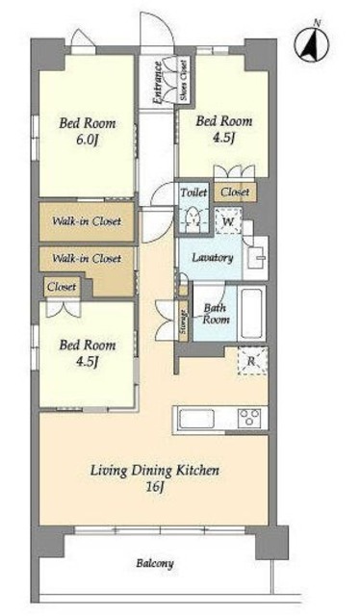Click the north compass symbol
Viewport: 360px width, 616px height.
coord(313,43)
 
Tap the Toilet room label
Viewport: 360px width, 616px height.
coord(193,192)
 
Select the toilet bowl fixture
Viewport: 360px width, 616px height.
coord(193,218)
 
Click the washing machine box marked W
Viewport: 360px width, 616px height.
coord(228,221)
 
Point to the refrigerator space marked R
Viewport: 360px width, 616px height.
coord(253,360)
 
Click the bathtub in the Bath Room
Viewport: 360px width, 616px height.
coord(251,314)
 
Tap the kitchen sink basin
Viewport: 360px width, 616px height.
coord(196,420)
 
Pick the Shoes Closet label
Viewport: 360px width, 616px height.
coord(183,80)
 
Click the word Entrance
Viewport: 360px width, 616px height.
coord(158,83)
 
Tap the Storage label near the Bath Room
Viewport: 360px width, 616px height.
coord(183,321)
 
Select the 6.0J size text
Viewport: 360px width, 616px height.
coord(88,141)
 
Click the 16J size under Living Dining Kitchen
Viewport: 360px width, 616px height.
coord(155,487)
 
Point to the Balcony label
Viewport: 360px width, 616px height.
coord(155,564)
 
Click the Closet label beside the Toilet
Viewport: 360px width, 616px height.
coord(235,192)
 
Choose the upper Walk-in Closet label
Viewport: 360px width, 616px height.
coord(87,221)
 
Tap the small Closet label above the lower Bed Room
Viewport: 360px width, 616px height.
coord(62,287)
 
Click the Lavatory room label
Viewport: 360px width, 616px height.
coord(213,258)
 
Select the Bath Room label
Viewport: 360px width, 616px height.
coord(216,314)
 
